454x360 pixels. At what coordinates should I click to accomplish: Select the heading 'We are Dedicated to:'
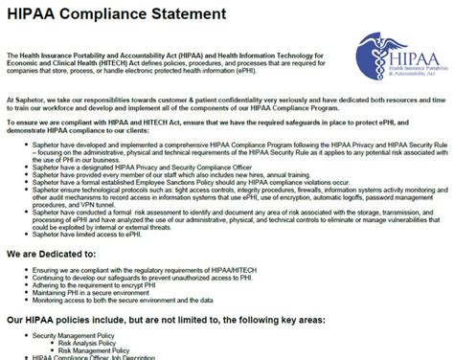(60, 254)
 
